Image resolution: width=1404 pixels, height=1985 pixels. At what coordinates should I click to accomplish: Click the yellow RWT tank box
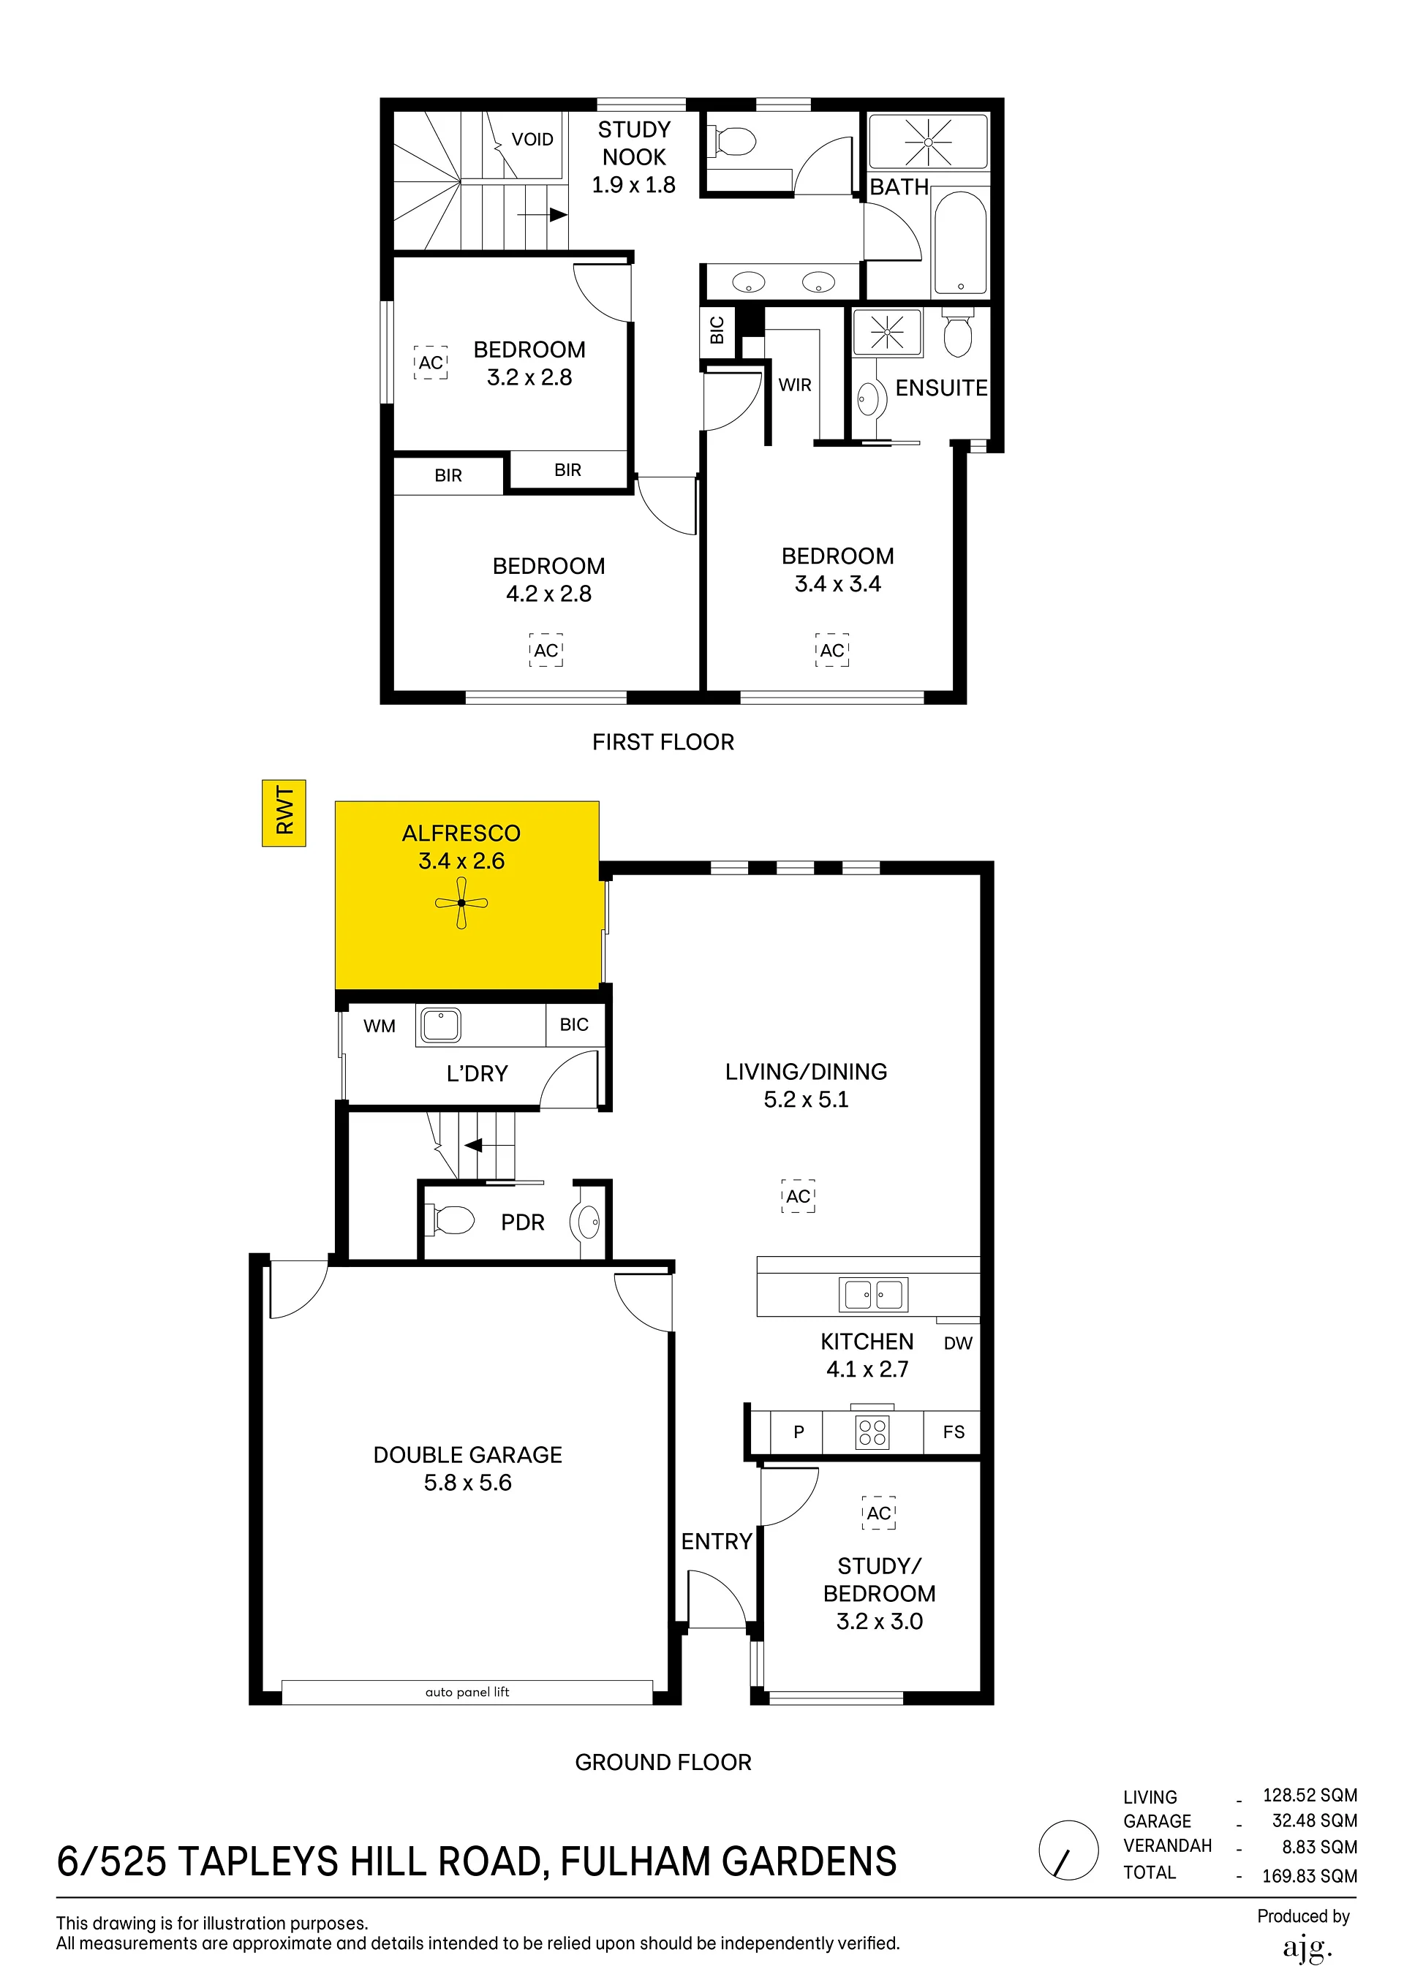284,813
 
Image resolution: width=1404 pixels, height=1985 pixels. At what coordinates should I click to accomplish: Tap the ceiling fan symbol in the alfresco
461,903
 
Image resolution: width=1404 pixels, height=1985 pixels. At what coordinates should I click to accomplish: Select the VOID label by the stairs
532,139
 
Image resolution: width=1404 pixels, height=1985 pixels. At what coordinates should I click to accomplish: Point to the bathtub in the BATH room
960,243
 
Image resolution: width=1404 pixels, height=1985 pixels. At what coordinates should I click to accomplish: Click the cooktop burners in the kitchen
872,1432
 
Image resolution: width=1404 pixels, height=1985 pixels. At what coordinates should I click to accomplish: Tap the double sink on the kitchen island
873,1294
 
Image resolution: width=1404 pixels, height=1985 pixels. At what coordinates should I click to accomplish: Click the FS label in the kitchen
954,1432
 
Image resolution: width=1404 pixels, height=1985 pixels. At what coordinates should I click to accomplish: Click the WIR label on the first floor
795,385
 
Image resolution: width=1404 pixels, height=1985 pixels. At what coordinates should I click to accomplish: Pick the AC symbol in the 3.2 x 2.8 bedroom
431,363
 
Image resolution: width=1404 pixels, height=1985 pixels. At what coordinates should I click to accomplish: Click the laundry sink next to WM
441,1025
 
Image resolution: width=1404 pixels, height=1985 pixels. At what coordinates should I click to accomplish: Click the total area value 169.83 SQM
1309,1875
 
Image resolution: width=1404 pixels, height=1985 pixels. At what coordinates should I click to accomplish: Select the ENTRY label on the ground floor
717,1540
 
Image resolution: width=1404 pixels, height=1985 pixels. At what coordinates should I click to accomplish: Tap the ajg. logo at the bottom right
1306,1948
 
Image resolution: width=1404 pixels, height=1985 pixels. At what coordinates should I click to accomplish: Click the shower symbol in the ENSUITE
888,332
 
